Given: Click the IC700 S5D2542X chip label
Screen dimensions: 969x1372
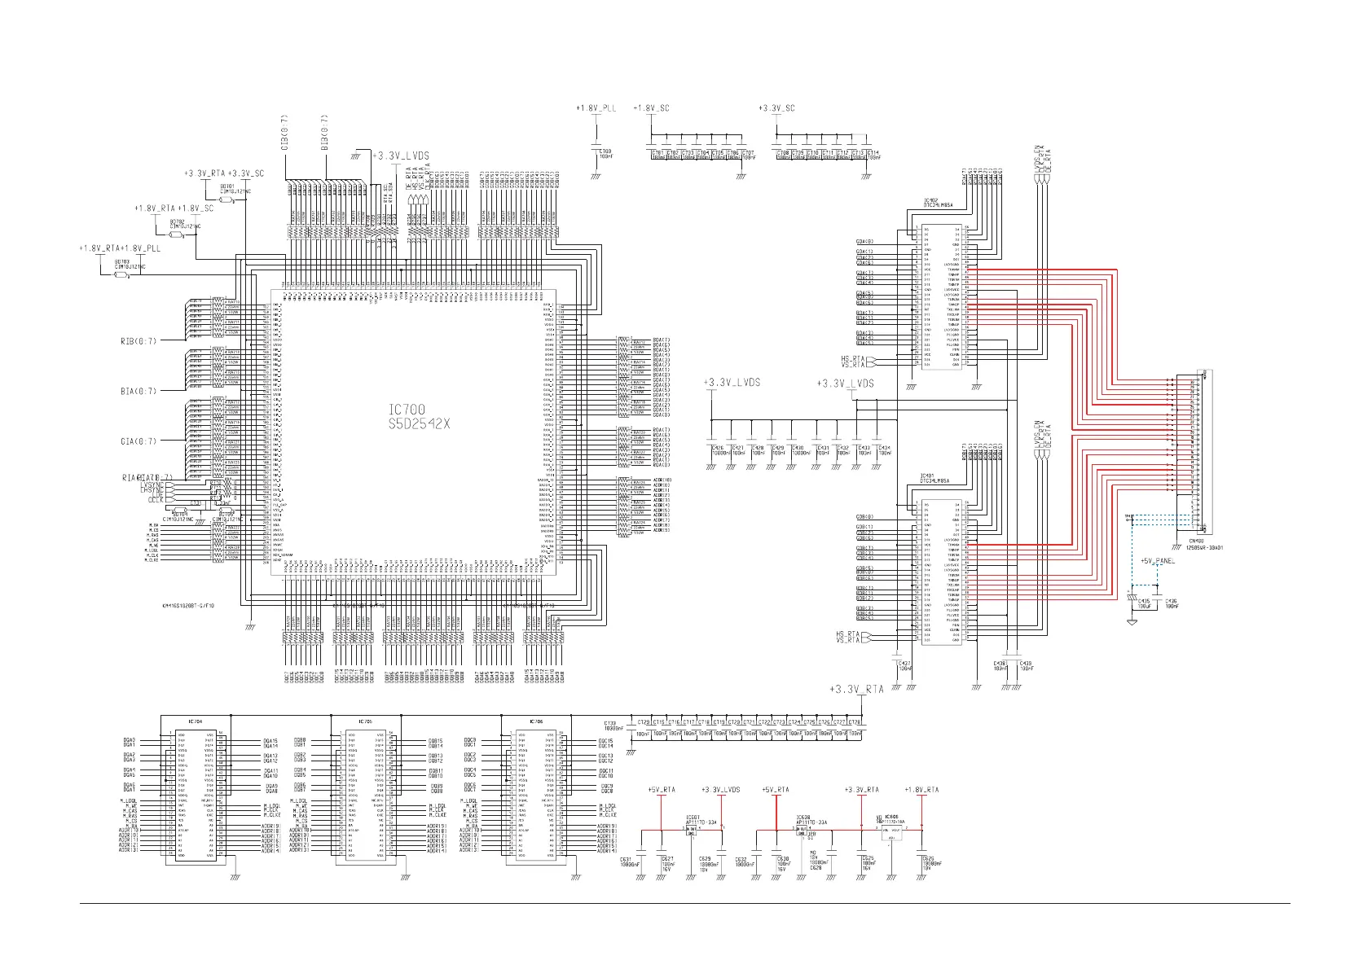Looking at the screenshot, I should click(x=419, y=416).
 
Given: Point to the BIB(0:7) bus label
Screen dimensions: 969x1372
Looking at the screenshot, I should click(x=324, y=133).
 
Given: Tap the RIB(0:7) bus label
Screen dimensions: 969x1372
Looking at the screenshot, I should click(x=139, y=341).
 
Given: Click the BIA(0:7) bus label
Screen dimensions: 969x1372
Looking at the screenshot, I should click(x=139, y=392).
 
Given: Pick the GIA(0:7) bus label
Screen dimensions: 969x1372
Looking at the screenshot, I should click(x=139, y=441).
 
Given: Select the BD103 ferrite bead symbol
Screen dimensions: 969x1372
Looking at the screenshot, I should click(x=121, y=274).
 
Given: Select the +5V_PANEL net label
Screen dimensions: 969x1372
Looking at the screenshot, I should click(x=1158, y=561).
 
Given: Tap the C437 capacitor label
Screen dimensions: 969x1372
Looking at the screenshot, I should click(x=904, y=664).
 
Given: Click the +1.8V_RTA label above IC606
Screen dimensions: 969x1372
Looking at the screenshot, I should click(x=921, y=790).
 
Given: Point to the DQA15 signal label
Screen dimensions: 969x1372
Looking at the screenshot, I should click(x=270, y=741).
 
